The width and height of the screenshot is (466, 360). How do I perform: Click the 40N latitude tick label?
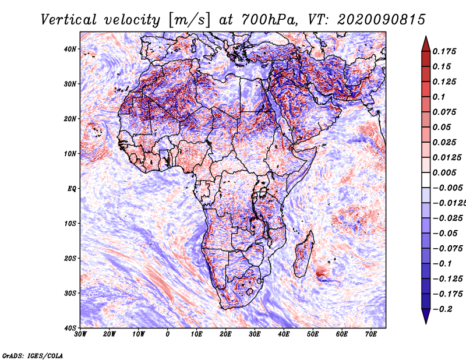70,49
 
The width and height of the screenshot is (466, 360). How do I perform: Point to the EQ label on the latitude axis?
72,189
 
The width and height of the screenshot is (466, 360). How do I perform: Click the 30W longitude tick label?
80,334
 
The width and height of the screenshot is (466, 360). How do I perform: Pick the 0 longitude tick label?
168,334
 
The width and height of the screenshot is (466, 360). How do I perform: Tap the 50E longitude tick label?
313,334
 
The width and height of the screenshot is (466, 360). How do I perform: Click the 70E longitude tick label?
370,334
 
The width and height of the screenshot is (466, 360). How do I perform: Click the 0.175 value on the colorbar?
444,51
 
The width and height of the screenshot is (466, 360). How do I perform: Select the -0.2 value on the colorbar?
443,309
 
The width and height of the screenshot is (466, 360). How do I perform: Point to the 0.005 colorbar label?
444,172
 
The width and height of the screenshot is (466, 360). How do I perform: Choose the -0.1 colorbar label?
443,264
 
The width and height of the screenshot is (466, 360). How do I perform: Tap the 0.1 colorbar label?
439,97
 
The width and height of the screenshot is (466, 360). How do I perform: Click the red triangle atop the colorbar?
426,44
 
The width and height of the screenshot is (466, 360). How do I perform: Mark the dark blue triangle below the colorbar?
426,316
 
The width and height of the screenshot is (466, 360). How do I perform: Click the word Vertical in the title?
69,20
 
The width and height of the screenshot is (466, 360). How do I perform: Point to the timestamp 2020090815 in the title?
382,20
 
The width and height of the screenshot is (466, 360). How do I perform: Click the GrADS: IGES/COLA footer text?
33,355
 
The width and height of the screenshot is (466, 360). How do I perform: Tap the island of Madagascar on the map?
304,253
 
